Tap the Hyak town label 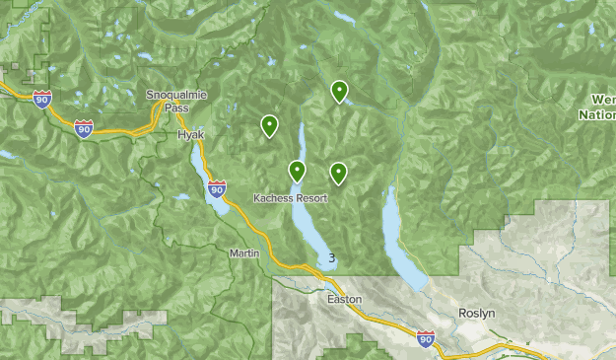click(x=190, y=134)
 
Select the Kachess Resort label click(x=290, y=197)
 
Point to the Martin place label click(x=243, y=253)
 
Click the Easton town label click(x=345, y=299)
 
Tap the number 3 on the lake click(x=332, y=258)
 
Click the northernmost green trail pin click(x=339, y=92)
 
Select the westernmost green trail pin click(x=269, y=125)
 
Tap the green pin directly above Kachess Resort click(x=297, y=171)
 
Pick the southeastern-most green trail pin click(x=338, y=174)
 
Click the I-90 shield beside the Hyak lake click(x=217, y=186)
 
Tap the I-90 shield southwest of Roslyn click(x=425, y=337)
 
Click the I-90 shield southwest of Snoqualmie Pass click(x=84, y=127)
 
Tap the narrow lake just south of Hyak click(x=210, y=178)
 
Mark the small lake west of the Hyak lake click(x=181, y=197)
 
